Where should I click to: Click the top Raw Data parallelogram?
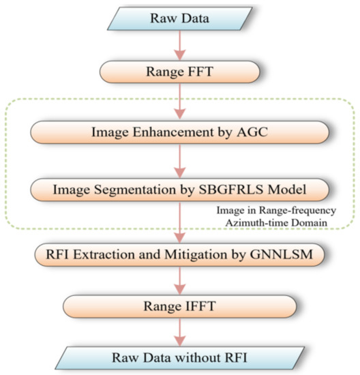click(x=180, y=18)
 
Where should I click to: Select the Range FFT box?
click(x=180, y=70)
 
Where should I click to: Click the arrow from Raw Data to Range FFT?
click(x=180, y=45)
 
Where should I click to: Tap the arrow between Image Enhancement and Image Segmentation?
click(x=180, y=159)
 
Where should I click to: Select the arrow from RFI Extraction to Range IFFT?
click(x=180, y=280)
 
